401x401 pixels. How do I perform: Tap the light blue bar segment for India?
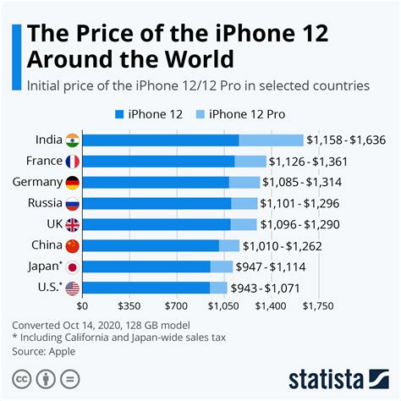[271, 140]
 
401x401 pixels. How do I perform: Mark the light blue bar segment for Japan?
[222, 267]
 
